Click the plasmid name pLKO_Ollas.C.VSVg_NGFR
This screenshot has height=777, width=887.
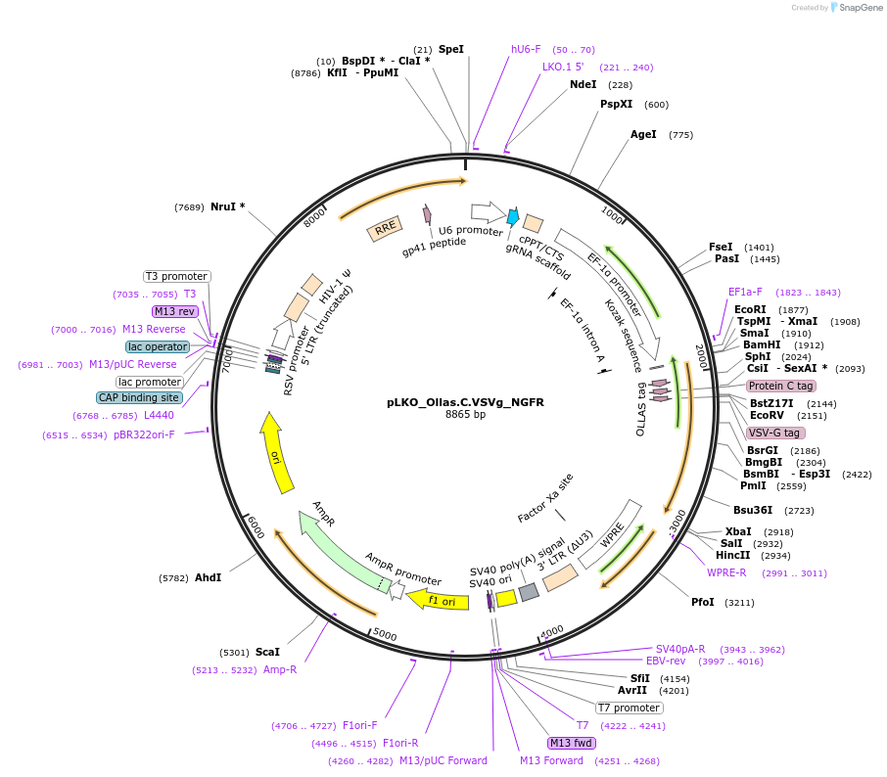[x=465, y=402]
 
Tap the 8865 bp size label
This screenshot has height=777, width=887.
[x=465, y=415]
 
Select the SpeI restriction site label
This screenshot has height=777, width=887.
[x=451, y=49]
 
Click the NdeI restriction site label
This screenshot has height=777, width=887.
[x=584, y=84]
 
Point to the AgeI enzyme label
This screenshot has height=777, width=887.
[x=643, y=135]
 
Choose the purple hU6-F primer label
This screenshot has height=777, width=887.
[x=526, y=49]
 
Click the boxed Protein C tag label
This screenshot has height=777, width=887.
[x=781, y=386]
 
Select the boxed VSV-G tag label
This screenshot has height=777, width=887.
[x=775, y=433]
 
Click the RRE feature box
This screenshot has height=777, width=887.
[x=385, y=229]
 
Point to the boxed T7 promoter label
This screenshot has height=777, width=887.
[x=630, y=708]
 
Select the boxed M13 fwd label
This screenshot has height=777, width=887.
[x=572, y=743]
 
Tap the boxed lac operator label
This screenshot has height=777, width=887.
[x=158, y=346]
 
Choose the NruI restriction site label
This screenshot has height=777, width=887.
[x=227, y=206]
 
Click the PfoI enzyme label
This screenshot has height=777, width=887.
[x=703, y=603]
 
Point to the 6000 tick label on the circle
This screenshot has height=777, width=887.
[x=256, y=526]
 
